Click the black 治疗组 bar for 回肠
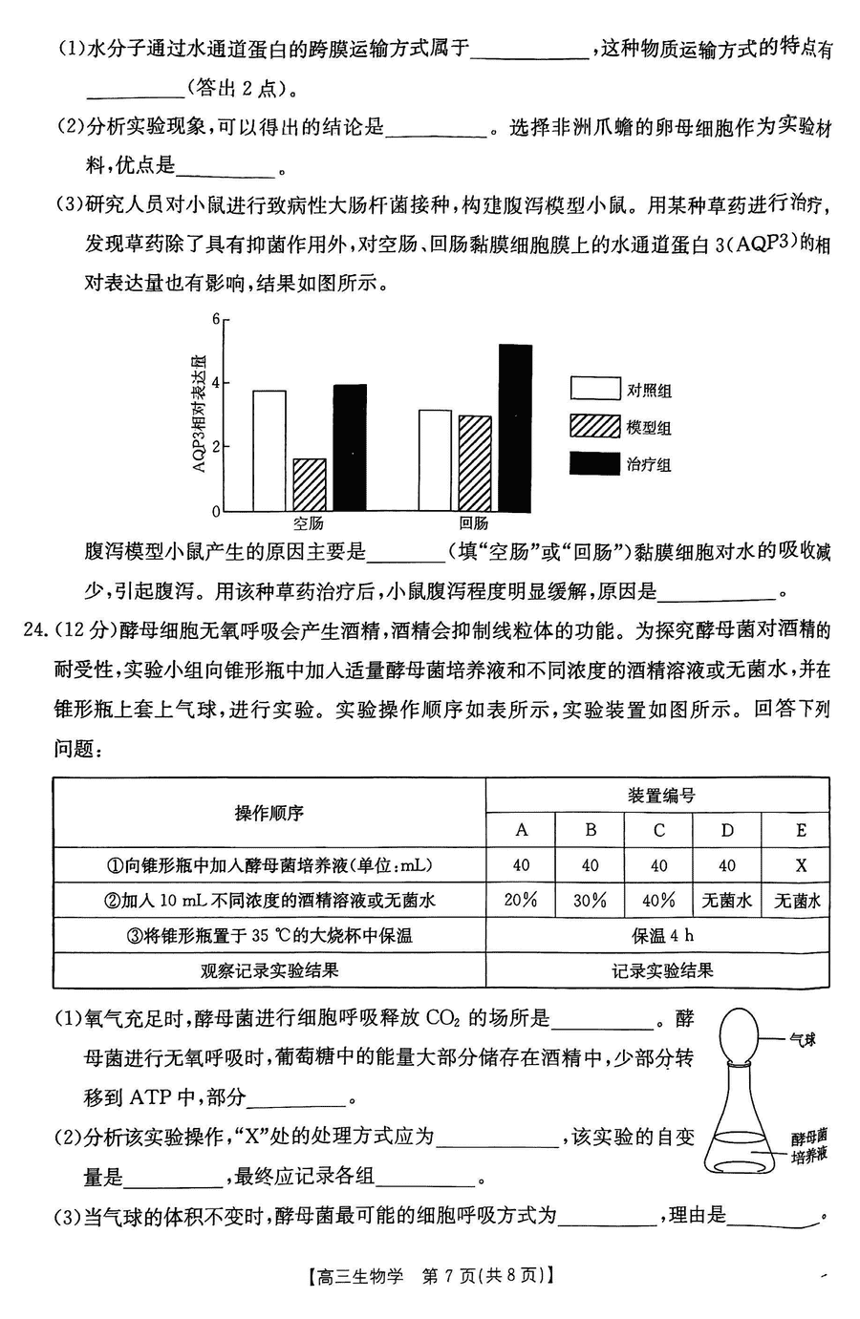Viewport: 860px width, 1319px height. click(x=515, y=428)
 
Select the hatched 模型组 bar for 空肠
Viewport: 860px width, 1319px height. click(x=309, y=485)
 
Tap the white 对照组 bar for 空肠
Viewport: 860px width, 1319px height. click(x=269, y=451)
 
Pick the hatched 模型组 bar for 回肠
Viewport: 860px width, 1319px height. click(x=475, y=463)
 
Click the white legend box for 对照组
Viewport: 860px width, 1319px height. click(x=595, y=388)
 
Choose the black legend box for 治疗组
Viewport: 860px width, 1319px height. click(x=595, y=463)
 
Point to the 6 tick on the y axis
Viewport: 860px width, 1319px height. click(x=216, y=319)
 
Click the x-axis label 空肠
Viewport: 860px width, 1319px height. click(x=308, y=523)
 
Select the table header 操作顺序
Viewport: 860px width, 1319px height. click(x=269, y=813)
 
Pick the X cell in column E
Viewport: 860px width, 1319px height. click(x=801, y=865)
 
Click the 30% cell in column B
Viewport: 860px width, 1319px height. click(x=590, y=900)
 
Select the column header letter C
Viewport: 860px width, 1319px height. click(x=658, y=830)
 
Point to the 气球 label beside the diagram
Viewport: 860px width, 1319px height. click(x=802, y=1039)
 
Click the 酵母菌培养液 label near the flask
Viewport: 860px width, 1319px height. click(x=808, y=1145)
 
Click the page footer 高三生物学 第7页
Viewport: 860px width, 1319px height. click(x=430, y=1276)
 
